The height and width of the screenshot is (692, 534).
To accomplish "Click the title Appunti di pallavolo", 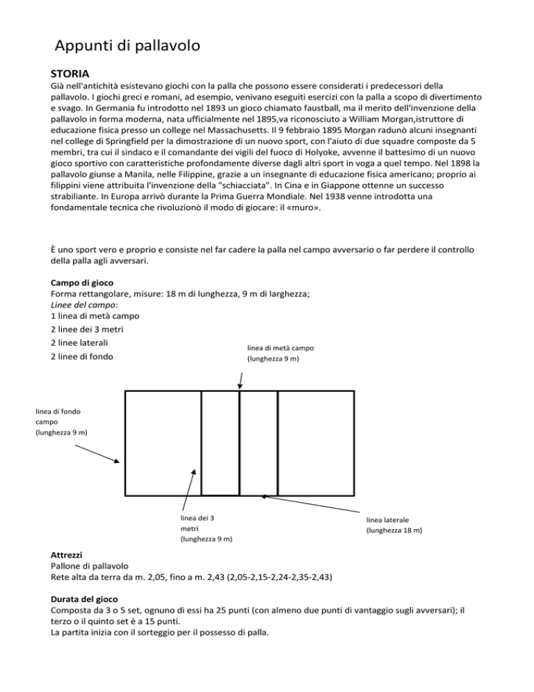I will tap(128, 47).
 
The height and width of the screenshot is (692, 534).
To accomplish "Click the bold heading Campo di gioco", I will tap(88, 283).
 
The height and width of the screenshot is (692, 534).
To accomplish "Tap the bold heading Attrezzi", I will tap(70, 556).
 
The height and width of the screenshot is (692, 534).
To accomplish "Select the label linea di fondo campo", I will tap(62, 422).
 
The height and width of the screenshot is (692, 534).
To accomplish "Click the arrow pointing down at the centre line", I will tap(240, 380).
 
